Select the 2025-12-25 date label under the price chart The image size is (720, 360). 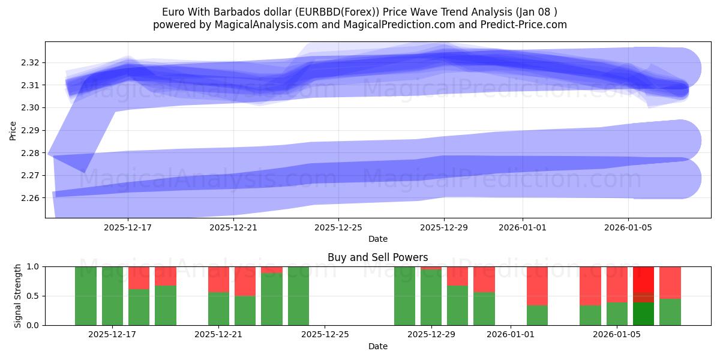coord(338,227)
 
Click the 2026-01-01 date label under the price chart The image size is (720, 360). coord(523,227)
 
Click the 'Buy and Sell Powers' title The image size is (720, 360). coord(377,257)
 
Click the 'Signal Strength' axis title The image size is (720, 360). coord(18,295)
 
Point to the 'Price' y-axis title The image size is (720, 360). coord(13,130)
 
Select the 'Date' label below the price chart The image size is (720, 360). coord(377,239)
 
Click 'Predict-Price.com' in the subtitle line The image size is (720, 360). coord(525,25)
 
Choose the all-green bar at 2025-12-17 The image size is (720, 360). coord(112,296)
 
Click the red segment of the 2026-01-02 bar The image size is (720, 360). coord(537,286)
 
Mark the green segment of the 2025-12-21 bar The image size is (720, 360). coord(218,308)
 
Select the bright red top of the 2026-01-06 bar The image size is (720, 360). coord(643,279)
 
